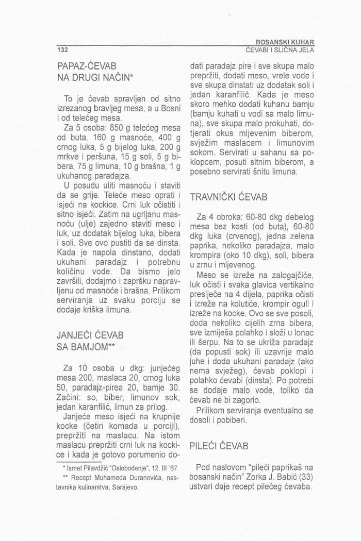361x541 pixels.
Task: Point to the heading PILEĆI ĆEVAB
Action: coord(219,446)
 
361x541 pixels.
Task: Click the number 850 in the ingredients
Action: coord(118,128)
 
